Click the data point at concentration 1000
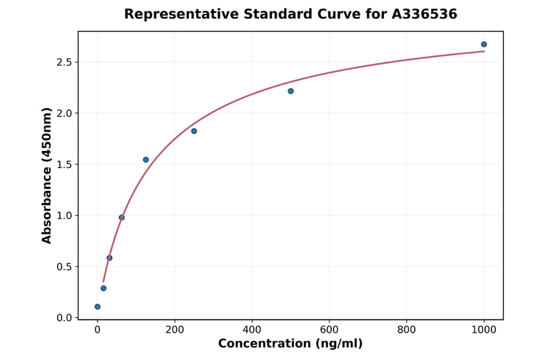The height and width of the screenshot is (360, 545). [484, 44]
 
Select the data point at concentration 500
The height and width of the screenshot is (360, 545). [291, 91]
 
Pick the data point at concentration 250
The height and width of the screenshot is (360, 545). [194, 131]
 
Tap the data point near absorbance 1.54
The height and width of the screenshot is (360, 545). [146, 160]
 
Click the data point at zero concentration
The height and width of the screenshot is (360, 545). [97, 307]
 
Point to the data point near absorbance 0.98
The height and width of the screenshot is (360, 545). [122, 218]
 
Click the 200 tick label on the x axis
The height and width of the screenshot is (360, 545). [174, 330]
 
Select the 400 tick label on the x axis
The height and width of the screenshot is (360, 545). [252, 330]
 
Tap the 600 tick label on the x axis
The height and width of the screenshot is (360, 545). [329, 330]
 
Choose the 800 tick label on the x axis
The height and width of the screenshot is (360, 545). [406, 330]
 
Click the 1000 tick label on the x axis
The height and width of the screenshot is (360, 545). [484, 330]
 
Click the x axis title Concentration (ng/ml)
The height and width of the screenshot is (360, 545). [290, 344]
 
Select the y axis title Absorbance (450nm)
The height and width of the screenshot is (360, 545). [47, 175]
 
